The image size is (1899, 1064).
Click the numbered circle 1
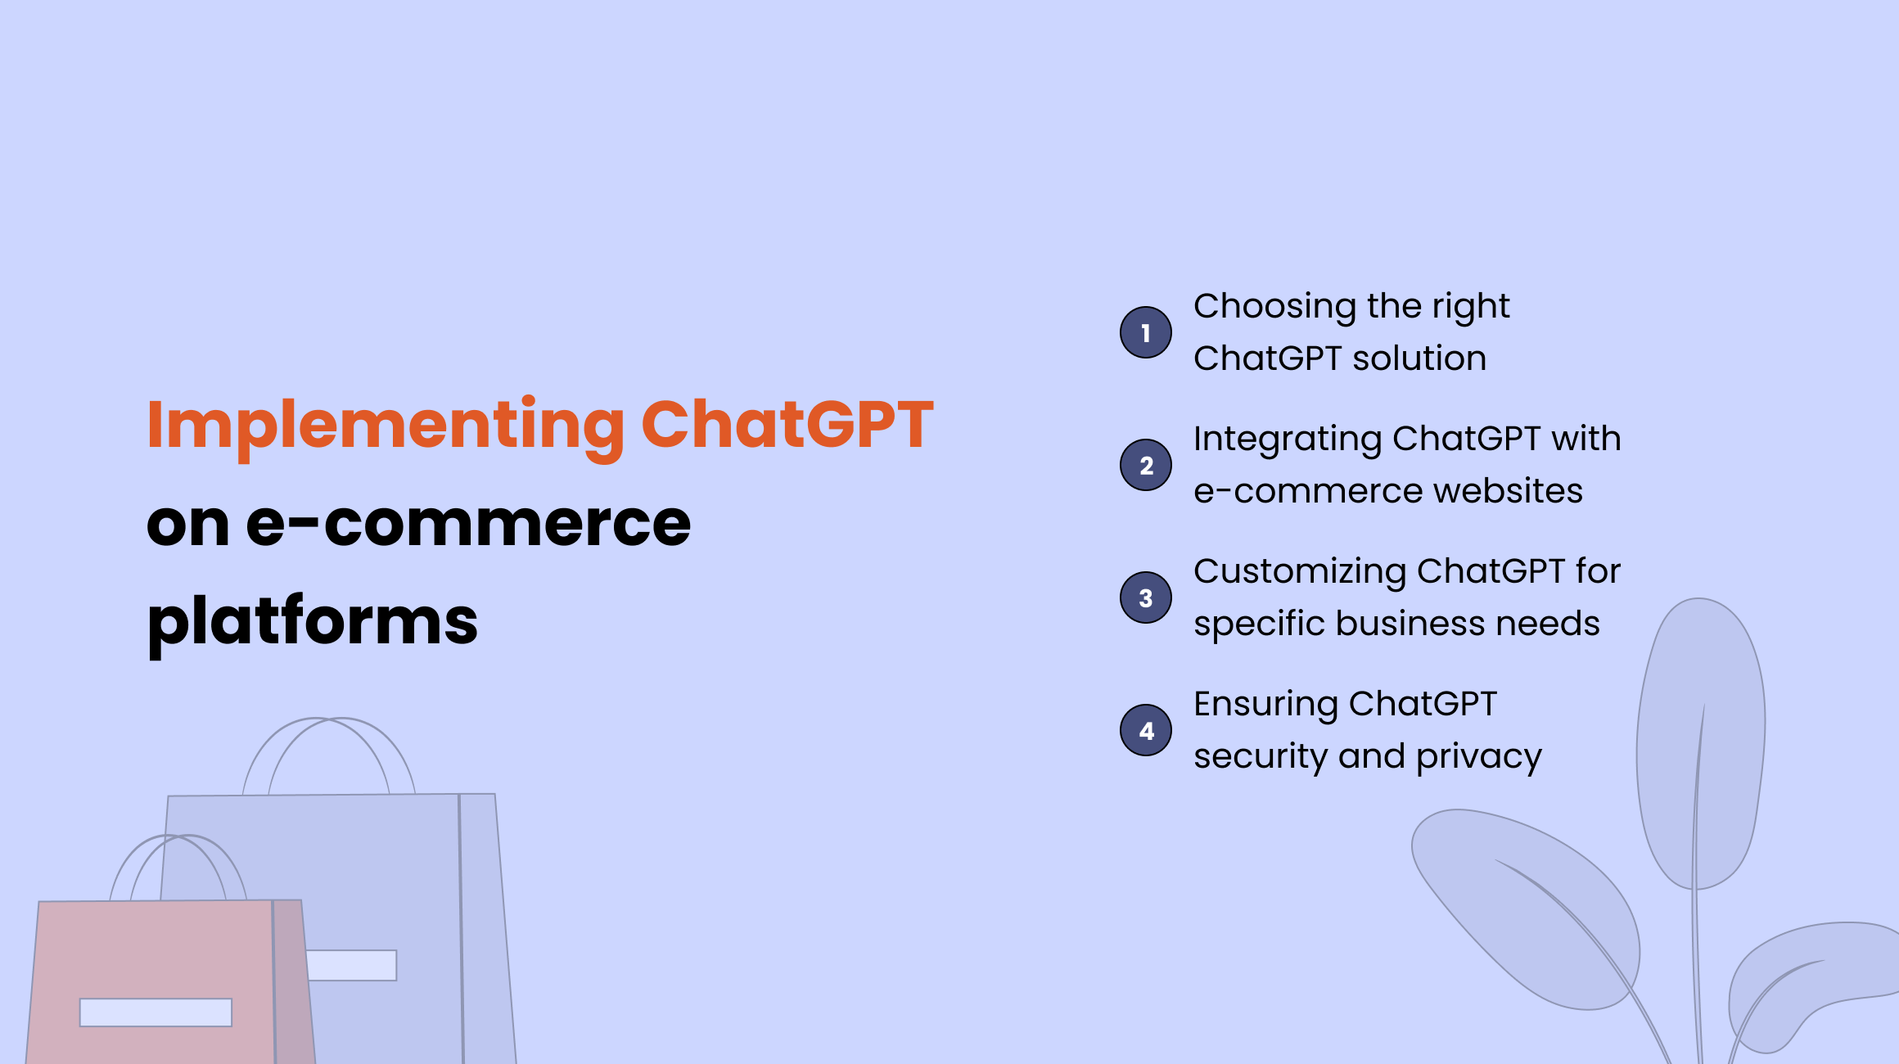coord(1145,332)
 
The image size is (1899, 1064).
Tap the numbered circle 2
coord(1145,465)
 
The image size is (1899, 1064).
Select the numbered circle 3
coord(1145,597)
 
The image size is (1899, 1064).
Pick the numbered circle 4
coord(1145,730)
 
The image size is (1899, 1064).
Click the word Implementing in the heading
coord(386,426)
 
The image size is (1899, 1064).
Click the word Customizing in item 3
coord(1299,572)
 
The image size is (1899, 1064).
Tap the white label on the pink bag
coord(156,1012)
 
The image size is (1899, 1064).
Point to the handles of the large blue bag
coord(329,749)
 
